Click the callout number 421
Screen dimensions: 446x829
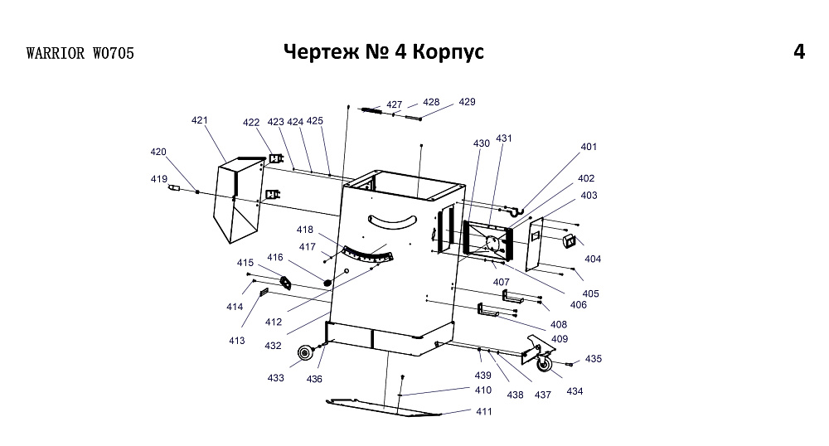pos(199,120)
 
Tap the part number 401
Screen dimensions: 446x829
pos(589,147)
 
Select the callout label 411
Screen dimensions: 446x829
pos(483,411)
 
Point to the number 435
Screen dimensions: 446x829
pos(594,359)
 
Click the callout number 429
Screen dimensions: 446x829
pos(467,102)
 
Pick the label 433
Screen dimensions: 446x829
pos(276,378)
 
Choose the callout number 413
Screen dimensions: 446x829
pos(237,341)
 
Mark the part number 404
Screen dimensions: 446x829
pos(593,259)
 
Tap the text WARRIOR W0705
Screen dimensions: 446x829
pos(80,54)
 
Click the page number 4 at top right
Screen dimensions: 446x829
pos(798,51)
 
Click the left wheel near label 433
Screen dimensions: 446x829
pos(305,354)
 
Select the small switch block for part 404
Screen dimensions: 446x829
pos(570,240)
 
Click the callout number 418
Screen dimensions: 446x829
pos(305,230)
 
